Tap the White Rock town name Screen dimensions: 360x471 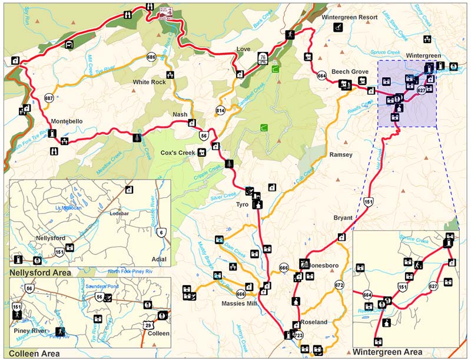pyautogui.click(x=149, y=82)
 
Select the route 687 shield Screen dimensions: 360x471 pyautogui.click(x=49, y=98)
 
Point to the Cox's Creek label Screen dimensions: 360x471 pyautogui.click(x=177, y=152)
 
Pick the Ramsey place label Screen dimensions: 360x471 pyautogui.click(x=341, y=155)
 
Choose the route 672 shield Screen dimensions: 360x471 pyautogui.click(x=339, y=285)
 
